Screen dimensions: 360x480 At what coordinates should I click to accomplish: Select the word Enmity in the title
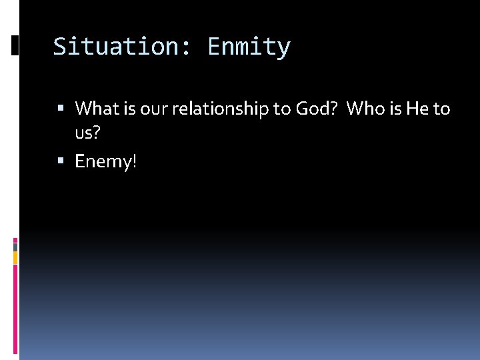coord(249,47)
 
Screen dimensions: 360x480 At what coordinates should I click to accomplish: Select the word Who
coord(365,108)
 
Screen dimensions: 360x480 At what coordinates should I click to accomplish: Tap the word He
coord(417,108)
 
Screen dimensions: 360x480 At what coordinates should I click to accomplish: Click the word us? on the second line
coord(87,134)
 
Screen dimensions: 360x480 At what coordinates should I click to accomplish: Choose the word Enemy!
coord(105,161)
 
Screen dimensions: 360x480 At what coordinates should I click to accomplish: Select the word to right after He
coord(442,108)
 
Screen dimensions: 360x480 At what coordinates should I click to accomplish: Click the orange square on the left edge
coord(15,257)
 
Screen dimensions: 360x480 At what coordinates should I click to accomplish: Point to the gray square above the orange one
coord(15,246)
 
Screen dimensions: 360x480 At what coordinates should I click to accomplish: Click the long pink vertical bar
coord(15,307)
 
